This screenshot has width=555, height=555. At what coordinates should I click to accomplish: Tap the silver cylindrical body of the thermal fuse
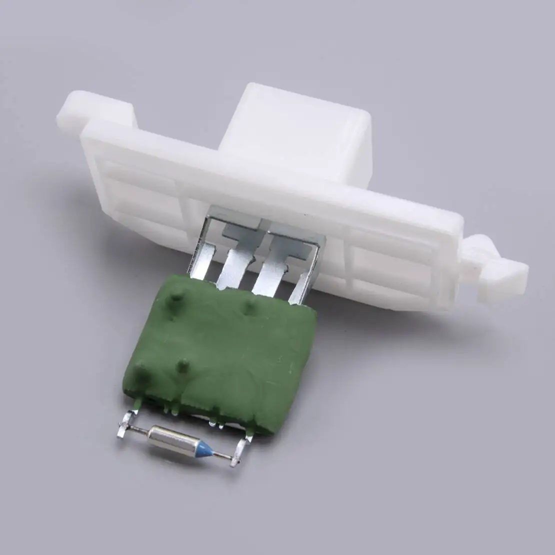click(x=170, y=435)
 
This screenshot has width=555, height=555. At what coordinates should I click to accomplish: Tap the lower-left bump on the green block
click(x=141, y=370)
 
